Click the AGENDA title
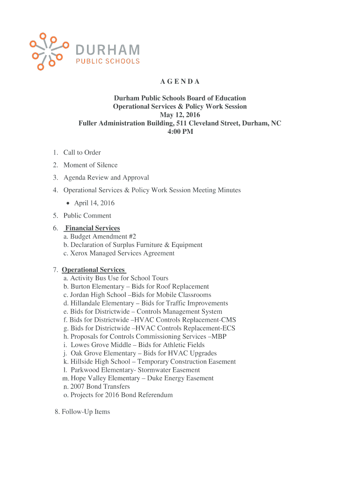[x=180, y=82]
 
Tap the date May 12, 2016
[x=180, y=115]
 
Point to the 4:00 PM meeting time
[x=180, y=132]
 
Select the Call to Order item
[x=82, y=152]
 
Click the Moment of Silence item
[x=90, y=165]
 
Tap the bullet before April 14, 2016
[x=68, y=203]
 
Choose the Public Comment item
[x=87, y=216]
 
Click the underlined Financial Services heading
[x=93, y=228]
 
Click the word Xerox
[x=79, y=254]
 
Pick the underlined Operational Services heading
[x=94, y=270]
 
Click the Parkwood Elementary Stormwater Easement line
[x=131, y=370]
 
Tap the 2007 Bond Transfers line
[x=100, y=387]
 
